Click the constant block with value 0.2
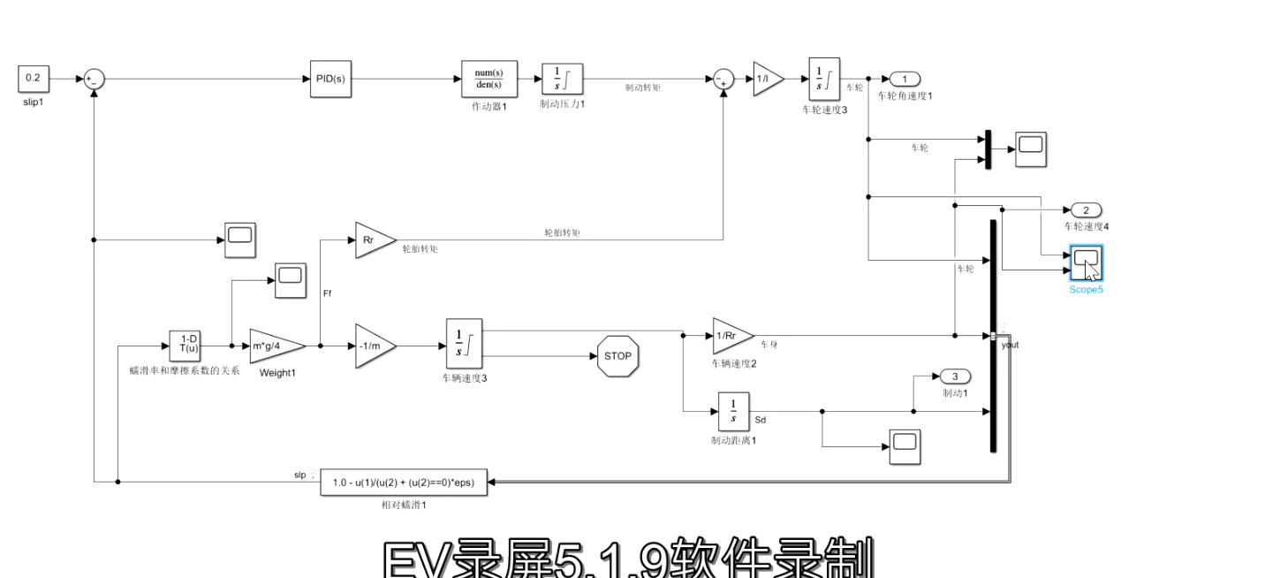tap(33, 79)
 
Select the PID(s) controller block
tap(330, 79)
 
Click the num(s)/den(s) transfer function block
tap(489, 79)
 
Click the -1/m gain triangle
tap(374, 346)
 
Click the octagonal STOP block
tap(617, 356)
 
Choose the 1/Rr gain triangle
tap(731, 336)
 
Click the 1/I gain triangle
tap(766, 79)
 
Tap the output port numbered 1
tap(905, 79)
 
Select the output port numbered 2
tap(1086, 210)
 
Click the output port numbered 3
tap(955, 376)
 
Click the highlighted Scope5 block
tap(1086, 262)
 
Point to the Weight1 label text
tap(276, 373)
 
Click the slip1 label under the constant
tap(33, 103)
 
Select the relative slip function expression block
tap(403, 483)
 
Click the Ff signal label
tap(328, 293)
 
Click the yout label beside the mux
tap(1010, 345)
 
